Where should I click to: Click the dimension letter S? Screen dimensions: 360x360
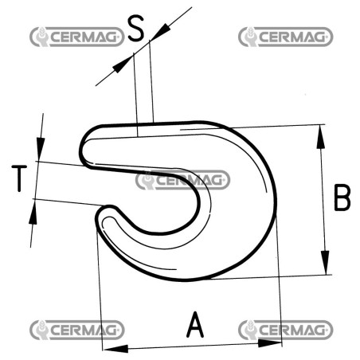(x=136, y=28)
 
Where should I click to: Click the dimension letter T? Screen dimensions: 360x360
(x=19, y=178)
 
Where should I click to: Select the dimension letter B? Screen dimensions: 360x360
(x=342, y=198)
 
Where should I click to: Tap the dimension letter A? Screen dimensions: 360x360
(x=195, y=324)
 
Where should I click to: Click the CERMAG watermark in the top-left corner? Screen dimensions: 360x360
(x=77, y=37)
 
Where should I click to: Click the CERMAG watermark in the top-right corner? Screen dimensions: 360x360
(x=286, y=37)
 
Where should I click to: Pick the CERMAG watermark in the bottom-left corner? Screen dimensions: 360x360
(x=77, y=330)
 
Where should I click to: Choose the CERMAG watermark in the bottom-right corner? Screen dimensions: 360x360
(x=286, y=330)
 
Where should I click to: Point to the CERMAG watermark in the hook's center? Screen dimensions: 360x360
(x=182, y=180)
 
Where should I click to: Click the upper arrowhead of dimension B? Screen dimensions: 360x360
(x=321, y=137)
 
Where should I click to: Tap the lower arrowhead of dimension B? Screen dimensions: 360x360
(x=325, y=263)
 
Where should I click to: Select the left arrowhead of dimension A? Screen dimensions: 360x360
(x=115, y=349)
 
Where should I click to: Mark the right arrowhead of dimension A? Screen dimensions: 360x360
(x=269, y=343)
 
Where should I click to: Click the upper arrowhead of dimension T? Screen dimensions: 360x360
(x=41, y=149)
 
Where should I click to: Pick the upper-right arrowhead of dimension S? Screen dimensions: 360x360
(x=160, y=32)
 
